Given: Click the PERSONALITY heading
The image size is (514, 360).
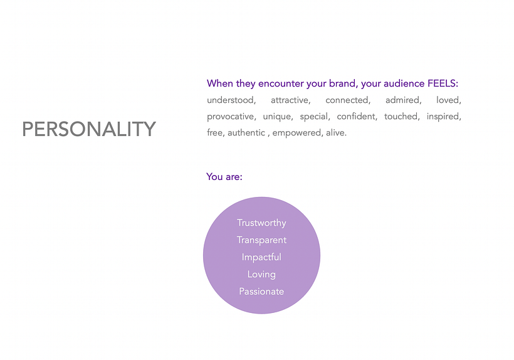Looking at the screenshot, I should point(89,129).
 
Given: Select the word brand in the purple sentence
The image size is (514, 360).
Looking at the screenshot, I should point(342,83).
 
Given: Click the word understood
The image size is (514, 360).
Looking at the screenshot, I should point(231,100).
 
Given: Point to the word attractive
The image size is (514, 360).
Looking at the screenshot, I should point(290,100).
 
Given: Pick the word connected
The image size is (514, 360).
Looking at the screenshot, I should point(347,100).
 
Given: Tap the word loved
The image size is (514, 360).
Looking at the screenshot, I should point(448,100).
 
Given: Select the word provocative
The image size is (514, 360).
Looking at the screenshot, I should point(231,117).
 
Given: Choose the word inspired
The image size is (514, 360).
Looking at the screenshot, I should point(443,117).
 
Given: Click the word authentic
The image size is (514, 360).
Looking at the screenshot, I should point(246,133).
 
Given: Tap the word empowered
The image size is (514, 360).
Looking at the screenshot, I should point(296,133).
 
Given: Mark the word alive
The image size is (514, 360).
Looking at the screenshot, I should point(335,133).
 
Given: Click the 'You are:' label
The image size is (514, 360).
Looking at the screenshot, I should point(224,177).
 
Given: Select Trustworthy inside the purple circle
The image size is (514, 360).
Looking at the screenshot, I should point(261,223).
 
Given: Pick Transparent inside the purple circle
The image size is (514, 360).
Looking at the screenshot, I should point(261,240).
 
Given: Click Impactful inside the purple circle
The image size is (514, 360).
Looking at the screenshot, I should point(261,257).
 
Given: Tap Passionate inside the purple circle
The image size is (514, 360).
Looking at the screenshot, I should point(261,292).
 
